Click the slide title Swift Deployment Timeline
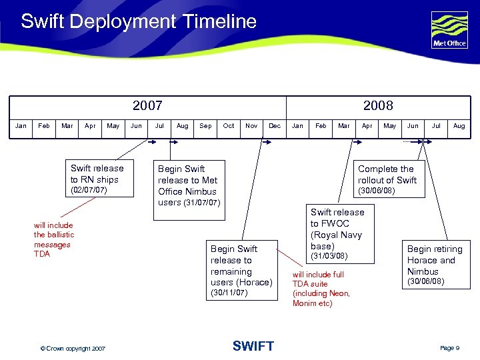pyautogui.click(x=138, y=21)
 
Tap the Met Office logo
pyautogui.click(x=449, y=30)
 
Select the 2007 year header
pyautogui.click(x=147, y=105)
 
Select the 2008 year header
pyautogui.click(x=378, y=105)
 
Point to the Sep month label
pyautogui.click(x=205, y=125)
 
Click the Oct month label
pyautogui.click(x=229, y=125)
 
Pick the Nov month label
pyautogui.click(x=251, y=125)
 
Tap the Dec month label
pyautogui.click(x=275, y=125)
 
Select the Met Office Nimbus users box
pyautogui.click(x=188, y=185)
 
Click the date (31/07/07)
pyautogui.click(x=201, y=203)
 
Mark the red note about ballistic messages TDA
pyautogui.click(x=54, y=239)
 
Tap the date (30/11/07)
pyautogui.click(x=229, y=293)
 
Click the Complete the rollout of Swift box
pyautogui.click(x=387, y=179)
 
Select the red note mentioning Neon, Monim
pyautogui.click(x=321, y=289)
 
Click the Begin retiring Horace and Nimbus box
pyautogui.click(x=434, y=264)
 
